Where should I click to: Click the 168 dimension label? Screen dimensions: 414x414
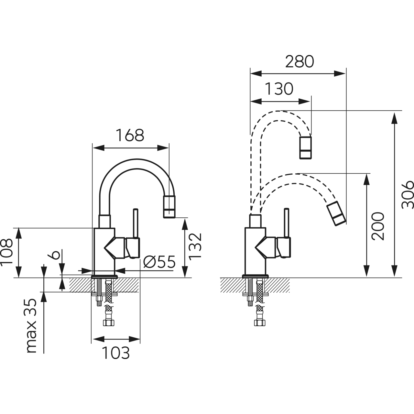pyautogui.click(x=130, y=136)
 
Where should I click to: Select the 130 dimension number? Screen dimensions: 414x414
pyautogui.click(x=279, y=89)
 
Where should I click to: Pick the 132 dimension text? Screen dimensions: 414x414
pyautogui.click(x=195, y=246)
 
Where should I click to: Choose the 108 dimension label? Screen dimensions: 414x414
pyautogui.click(x=7, y=252)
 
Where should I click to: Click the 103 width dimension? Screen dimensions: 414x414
pyautogui.click(x=116, y=353)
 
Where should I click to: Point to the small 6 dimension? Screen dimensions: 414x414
pyautogui.click(x=55, y=254)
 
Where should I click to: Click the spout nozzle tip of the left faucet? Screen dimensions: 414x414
pyautogui.click(x=169, y=207)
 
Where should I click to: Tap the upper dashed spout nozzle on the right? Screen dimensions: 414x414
pyautogui.click(x=306, y=148)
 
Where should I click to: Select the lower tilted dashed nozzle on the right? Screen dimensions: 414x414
pyautogui.click(x=336, y=213)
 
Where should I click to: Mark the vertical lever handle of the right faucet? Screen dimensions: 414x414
pyautogui.click(x=286, y=223)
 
